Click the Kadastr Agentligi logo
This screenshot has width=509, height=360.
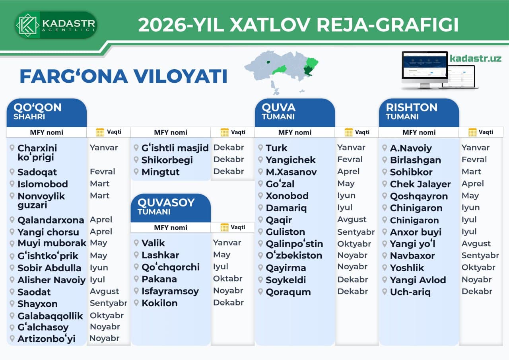pos(56,25)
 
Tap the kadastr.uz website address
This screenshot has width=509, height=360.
pos(475,58)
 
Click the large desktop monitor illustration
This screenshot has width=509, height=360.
pos(424,69)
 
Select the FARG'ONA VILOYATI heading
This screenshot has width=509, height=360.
pos(123,76)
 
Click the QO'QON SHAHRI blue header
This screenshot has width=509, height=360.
pos(46,112)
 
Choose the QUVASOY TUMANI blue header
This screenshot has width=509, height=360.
pos(170,206)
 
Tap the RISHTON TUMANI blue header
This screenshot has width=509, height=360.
pos(418,112)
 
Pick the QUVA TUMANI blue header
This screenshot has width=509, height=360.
pos(294,112)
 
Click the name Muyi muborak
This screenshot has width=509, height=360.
pos(52,243)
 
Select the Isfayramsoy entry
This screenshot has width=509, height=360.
pos(170,291)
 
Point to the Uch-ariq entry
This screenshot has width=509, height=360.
pos(410,292)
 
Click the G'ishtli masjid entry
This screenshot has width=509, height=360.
pos(175,148)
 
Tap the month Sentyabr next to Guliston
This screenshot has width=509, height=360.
pos(356,232)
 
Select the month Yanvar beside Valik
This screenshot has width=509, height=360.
pos(227,243)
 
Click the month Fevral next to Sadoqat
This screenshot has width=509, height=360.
pos(103,172)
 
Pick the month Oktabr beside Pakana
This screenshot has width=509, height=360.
pos(227,278)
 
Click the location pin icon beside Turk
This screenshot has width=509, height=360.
pos(260,148)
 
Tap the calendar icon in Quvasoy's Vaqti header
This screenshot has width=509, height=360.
pos(225,227)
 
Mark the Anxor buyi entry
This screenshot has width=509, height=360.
pos(416,232)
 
